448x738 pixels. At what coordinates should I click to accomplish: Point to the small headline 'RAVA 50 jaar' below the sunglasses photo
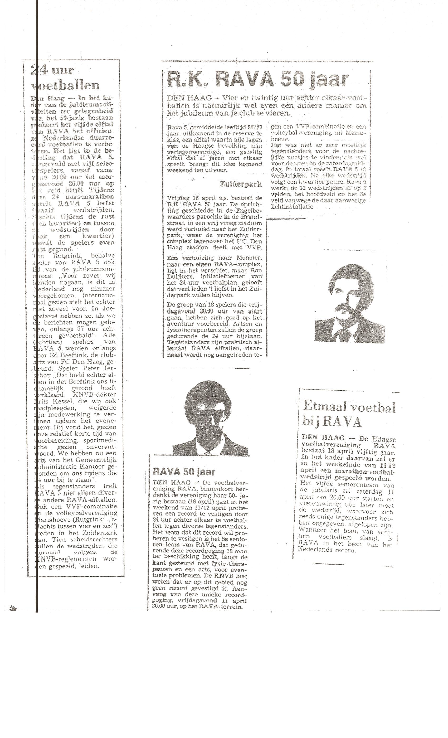(x=184, y=472)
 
